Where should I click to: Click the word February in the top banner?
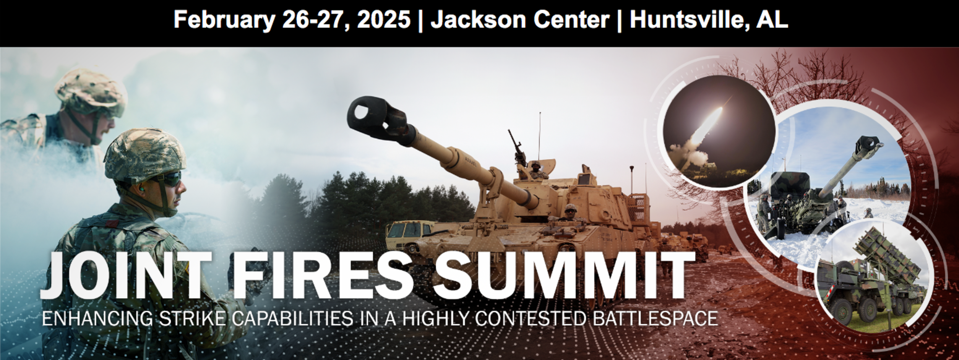[x=224, y=20]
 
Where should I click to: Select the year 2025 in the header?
[x=383, y=19]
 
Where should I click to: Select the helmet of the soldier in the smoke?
[x=91, y=92]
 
